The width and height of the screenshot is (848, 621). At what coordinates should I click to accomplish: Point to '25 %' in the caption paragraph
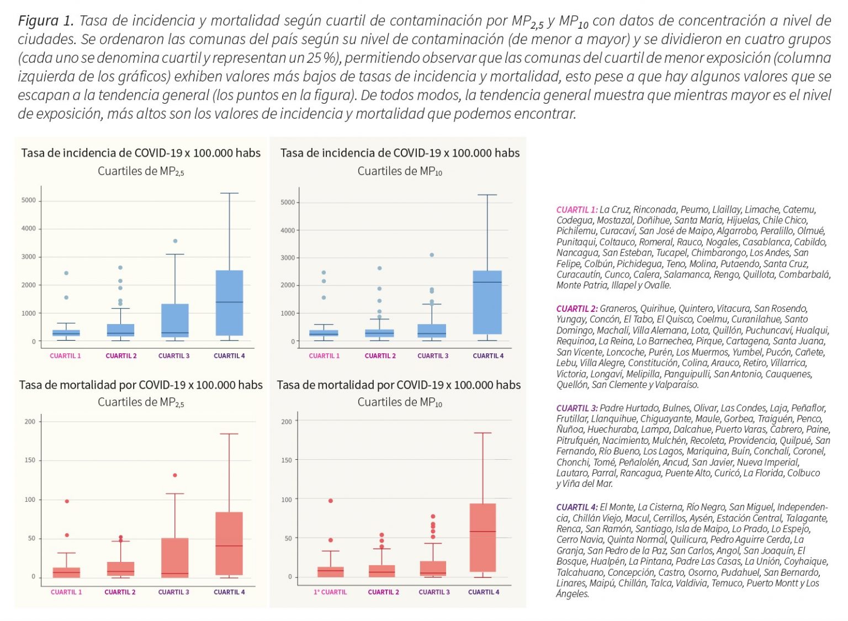(320, 59)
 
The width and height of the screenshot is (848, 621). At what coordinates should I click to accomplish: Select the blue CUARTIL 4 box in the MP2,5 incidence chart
(229, 302)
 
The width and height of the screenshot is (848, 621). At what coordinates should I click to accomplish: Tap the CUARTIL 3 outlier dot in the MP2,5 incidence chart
(175, 241)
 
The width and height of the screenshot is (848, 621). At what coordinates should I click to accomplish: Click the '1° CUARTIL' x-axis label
(330, 592)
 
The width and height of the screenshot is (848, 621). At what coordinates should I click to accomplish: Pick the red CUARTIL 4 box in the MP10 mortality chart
(483, 537)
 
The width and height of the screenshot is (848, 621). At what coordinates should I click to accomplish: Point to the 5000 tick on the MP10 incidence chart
(288, 203)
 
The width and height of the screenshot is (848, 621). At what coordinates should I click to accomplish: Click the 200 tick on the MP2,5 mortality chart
(30, 422)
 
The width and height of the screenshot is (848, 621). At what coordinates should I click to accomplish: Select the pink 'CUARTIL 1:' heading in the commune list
(577, 210)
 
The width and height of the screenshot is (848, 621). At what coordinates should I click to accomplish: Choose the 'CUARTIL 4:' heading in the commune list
(577, 507)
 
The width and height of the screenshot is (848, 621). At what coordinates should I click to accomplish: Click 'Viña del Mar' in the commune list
(588, 484)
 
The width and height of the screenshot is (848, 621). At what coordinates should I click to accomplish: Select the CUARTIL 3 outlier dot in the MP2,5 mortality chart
(175, 475)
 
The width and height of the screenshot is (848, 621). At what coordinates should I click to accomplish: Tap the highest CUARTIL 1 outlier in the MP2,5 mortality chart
(67, 501)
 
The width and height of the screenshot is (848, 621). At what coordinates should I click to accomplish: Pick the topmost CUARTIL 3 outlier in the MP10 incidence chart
(432, 255)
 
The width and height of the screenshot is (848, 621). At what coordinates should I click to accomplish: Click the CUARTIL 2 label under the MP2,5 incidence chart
(121, 356)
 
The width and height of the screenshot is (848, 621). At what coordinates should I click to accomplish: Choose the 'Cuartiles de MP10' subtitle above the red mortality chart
(400, 402)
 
